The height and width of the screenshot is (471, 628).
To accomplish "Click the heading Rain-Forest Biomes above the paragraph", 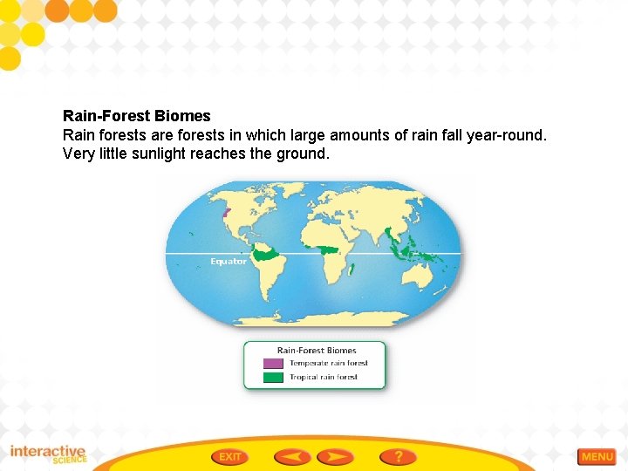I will pyautogui.click(x=136, y=116).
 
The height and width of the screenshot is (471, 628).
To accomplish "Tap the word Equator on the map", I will pyautogui.click(x=229, y=262).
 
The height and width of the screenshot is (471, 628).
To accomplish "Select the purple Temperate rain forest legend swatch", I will pyautogui.click(x=273, y=364).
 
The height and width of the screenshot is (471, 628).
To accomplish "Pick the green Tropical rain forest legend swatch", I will pyautogui.click(x=273, y=378).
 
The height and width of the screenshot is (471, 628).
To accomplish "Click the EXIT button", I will pyautogui.click(x=230, y=456).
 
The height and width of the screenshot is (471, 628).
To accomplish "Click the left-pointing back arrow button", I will pyautogui.click(x=292, y=456).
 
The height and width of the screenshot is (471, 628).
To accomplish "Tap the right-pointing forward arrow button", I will pyautogui.click(x=335, y=456).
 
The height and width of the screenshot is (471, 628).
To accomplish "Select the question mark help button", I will pyautogui.click(x=398, y=456).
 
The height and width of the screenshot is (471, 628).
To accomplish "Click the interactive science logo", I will pyautogui.click(x=49, y=454).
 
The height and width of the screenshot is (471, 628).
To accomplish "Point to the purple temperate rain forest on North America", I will pyautogui.click(x=227, y=212).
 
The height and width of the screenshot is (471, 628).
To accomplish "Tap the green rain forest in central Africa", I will pyautogui.click(x=328, y=250).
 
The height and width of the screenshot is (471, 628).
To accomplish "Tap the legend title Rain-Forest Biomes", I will pyautogui.click(x=317, y=351).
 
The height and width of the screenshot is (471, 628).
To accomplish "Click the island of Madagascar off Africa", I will pyautogui.click(x=351, y=270).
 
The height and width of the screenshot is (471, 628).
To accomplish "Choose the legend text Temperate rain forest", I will pyautogui.click(x=329, y=364).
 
